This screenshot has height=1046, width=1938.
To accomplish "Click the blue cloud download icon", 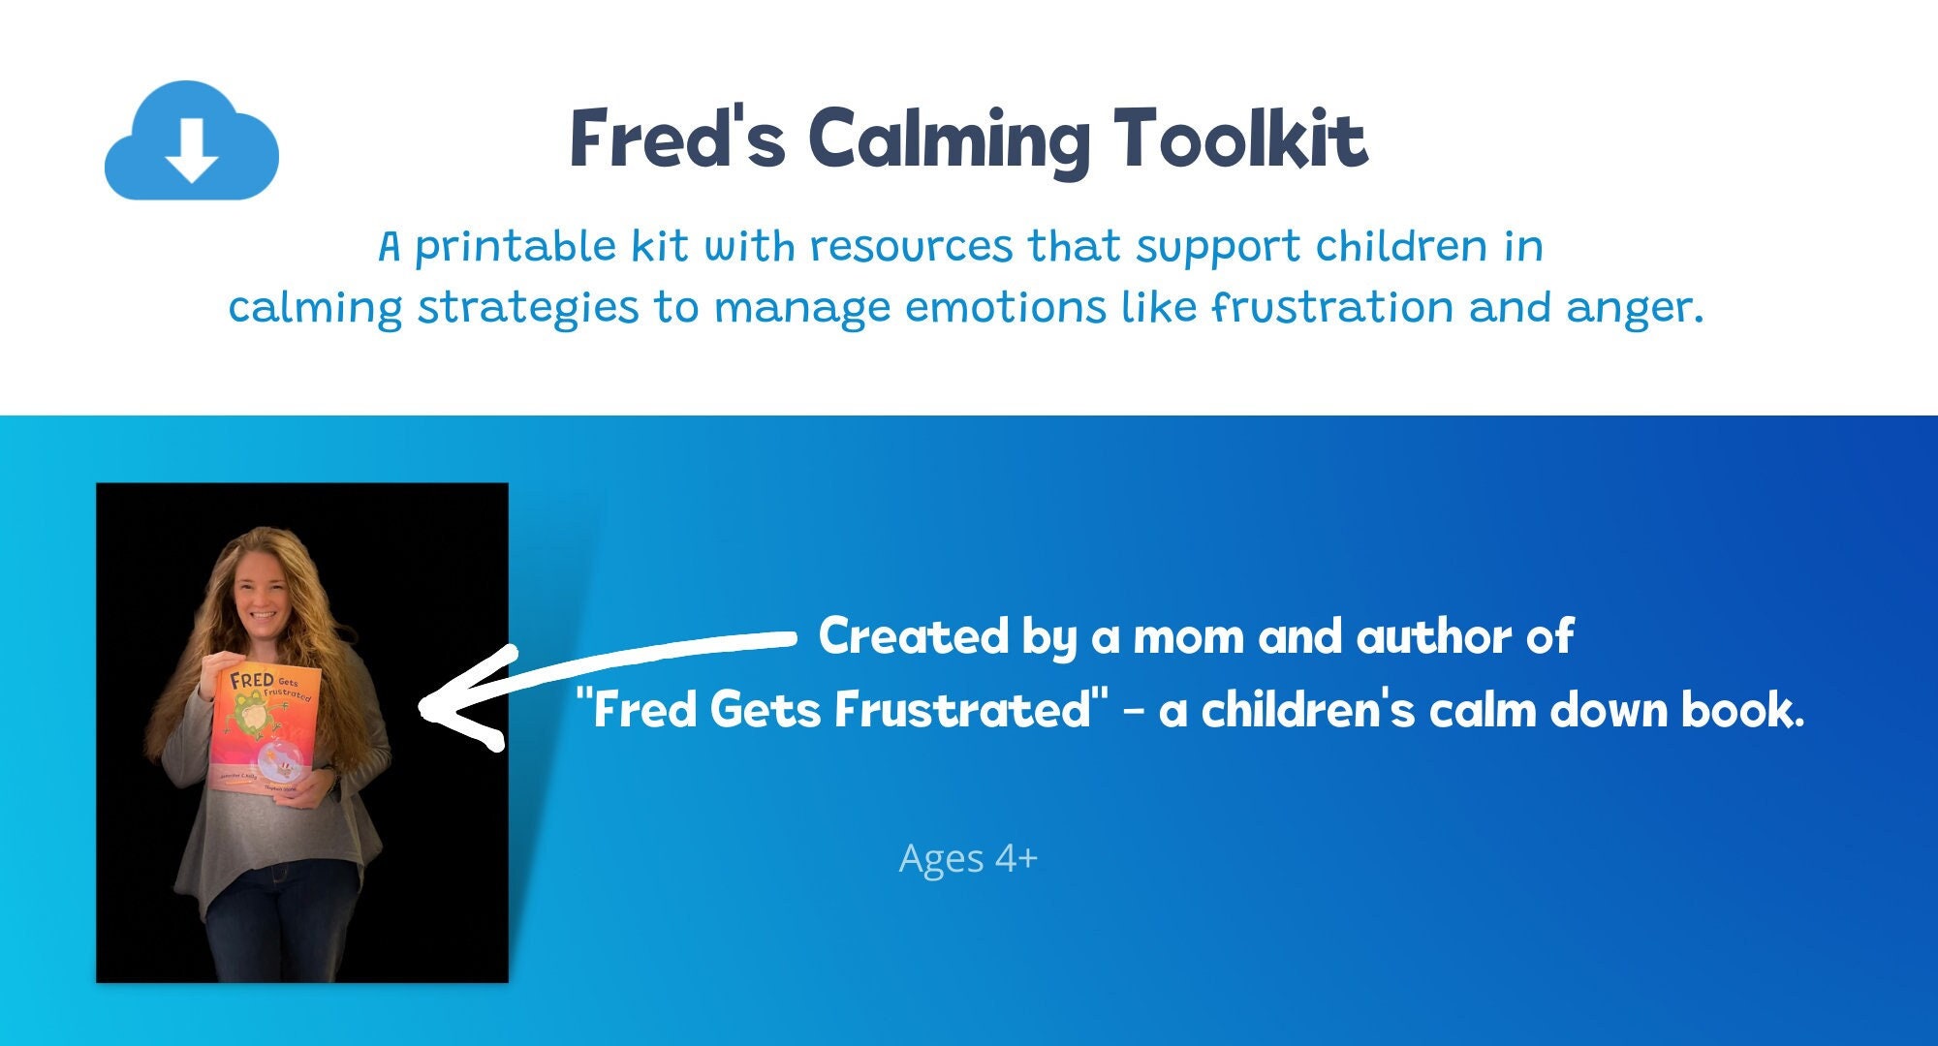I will (191, 142).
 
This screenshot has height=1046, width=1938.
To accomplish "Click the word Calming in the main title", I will (950, 141).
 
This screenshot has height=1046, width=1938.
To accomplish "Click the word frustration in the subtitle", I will (1332, 308).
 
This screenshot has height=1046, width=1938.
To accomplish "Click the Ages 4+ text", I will (967, 858).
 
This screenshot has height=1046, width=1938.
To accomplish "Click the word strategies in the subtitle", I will (528, 308).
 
